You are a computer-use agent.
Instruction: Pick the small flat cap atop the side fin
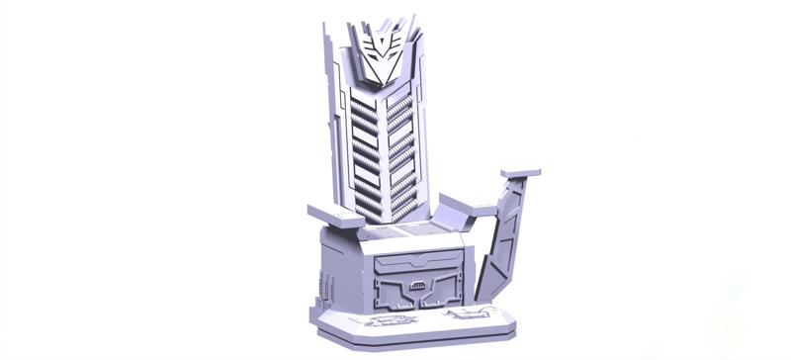[x=520, y=174]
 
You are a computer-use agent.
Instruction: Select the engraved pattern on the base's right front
[x=462, y=315]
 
